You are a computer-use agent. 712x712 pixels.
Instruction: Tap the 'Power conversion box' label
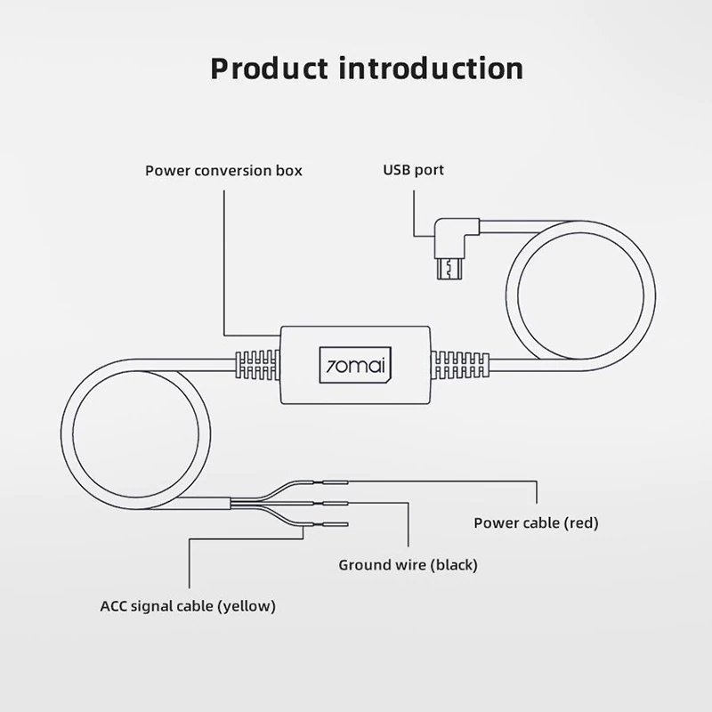[x=223, y=170]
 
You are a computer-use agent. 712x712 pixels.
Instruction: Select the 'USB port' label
[x=413, y=170]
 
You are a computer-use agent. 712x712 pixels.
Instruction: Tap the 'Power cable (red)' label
[x=536, y=522]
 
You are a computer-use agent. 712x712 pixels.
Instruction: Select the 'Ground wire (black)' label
[x=409, y=564]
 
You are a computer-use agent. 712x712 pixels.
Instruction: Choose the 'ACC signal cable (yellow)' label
[x=188, y=606]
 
